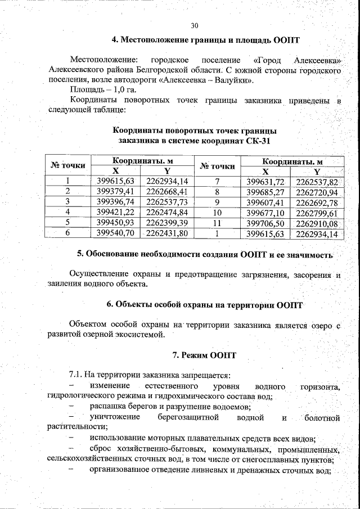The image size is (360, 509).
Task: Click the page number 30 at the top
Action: [195, 25]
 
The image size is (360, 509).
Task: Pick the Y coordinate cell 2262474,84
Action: [166, 211]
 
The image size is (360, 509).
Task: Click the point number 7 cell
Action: [217, 181]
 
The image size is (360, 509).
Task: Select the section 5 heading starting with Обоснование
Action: [205, 254]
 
